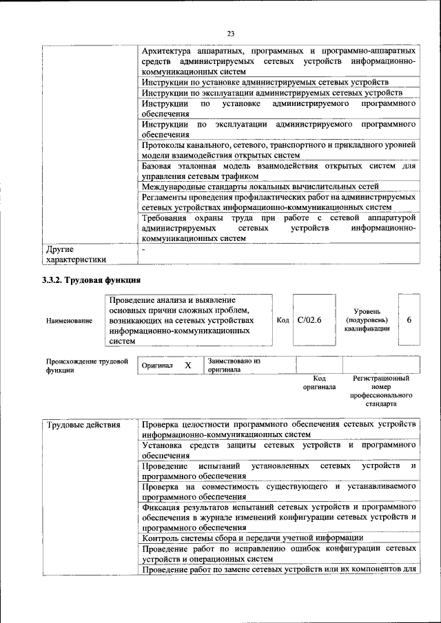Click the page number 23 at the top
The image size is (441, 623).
pos(231,34)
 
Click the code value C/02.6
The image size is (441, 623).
pos(309,320)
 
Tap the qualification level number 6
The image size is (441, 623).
pos(409,320)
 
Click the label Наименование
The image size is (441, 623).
pos(69,321)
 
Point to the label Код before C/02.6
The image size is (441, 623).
pos(283,320)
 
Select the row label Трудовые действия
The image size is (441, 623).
pos(74,425)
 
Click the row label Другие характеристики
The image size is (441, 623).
pos(75,255)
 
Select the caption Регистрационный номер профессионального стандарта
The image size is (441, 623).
pos(381,391)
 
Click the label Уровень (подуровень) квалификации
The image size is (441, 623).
pos(367,320)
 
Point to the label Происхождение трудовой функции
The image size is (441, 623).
pos(87,366)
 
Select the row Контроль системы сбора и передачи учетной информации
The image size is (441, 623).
pos(252,538)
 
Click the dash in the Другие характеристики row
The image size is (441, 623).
pos(143,249)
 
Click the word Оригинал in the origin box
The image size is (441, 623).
pos(156,366)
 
